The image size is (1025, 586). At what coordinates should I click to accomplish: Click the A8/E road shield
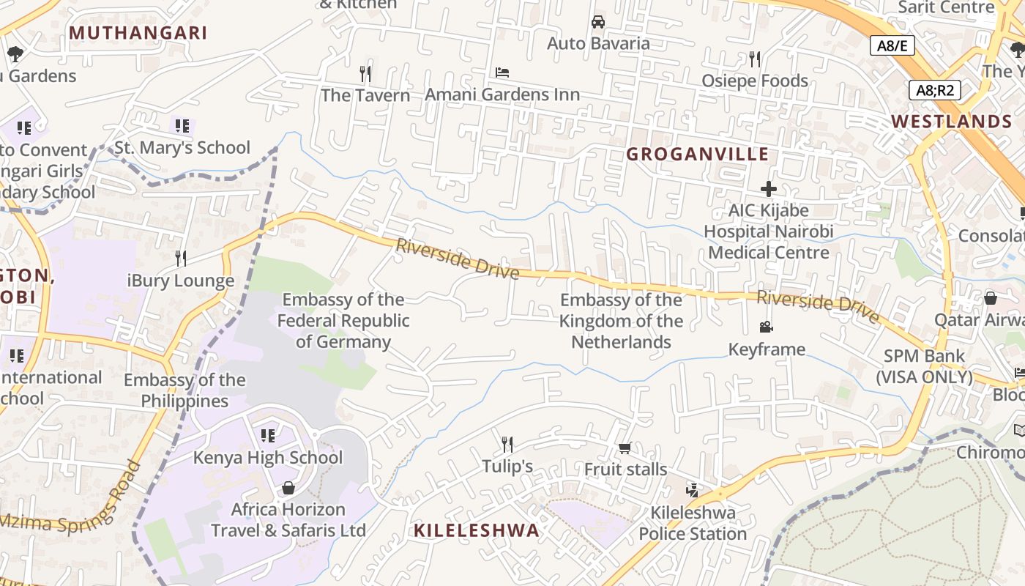pyautogui.click(x=892, y=45)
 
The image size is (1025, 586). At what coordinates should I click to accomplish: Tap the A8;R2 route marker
pyautogui.click(x=934, y=90)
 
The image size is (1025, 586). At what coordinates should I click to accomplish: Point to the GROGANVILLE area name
pyautogui.click(x=698, y=154)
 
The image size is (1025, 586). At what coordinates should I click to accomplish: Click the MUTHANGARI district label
pyautogui.click(x=138, y=33)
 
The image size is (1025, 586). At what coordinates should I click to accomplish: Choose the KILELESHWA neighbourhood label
pyautogui.click(x=477, y=530)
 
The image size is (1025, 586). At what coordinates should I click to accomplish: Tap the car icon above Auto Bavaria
pyautogui.click(x=598, y=21)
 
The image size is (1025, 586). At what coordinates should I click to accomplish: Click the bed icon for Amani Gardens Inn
pyautogui.click(x=502, y=73)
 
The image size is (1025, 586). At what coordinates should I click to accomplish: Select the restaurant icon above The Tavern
pyautogui.click(x=365, y=73)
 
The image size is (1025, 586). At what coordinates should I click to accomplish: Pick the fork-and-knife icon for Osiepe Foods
pyautogui.click(x=755, y=59)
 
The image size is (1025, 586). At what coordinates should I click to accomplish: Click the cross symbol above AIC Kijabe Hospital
pyautogui.click(x=768, y=189)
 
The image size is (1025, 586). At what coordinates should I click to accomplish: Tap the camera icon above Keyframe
pyautogui.click(x=767, y=327)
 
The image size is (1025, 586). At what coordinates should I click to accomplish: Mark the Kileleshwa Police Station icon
pyautogui.click(x=693, y=490)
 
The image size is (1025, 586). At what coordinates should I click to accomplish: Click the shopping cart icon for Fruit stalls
pyautogui.click(x=625, y=448)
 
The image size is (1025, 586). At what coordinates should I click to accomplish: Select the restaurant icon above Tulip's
pyautogui.click(x=507, y=444)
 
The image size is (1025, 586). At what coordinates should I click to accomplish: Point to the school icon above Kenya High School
pyautogui.click(x=268, y=436)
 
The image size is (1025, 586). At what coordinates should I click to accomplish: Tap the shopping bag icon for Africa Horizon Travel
pyautogui.click(x=288, y=488)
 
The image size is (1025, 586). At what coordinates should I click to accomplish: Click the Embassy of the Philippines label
pyautogui.click(x=184, y=390)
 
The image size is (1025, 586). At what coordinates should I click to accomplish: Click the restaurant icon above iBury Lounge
pyautogui.click(x=181, y=258)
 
